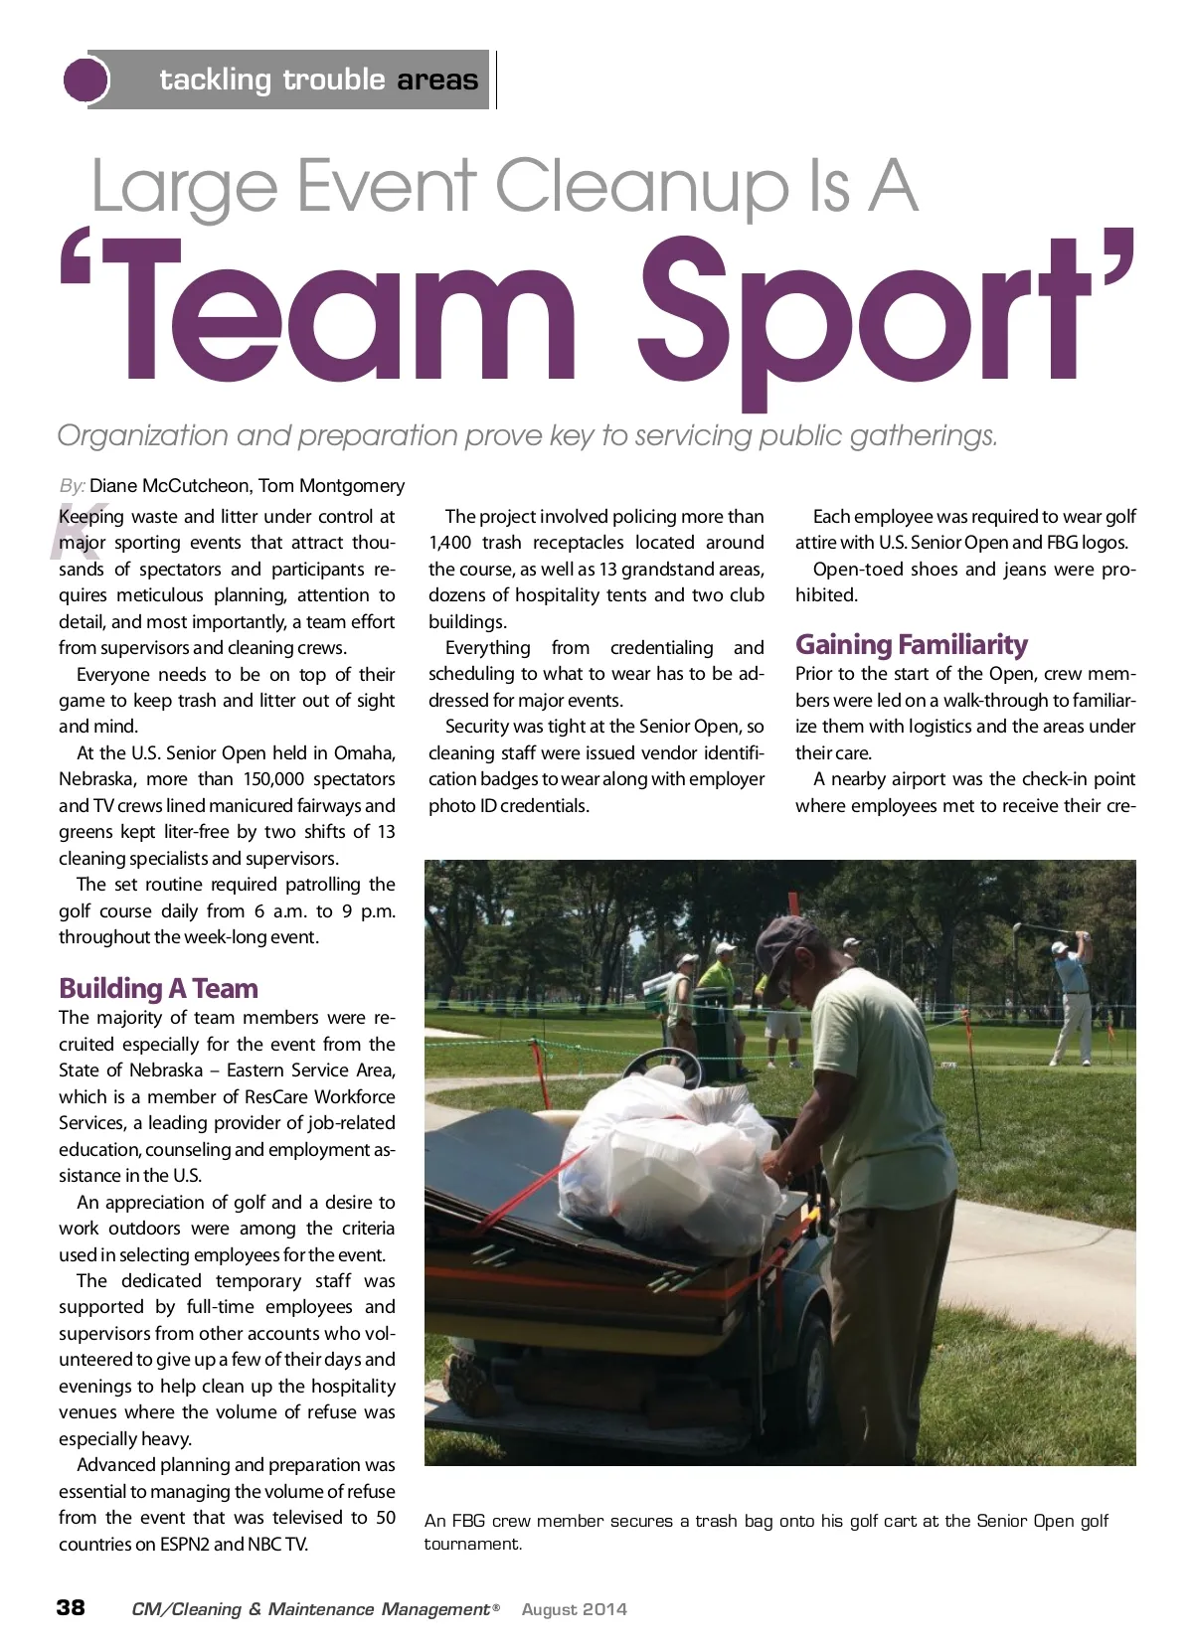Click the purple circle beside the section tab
pyautogui.click(x=85, y=80)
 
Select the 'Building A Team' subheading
pyautogui.click(x=158, y=988)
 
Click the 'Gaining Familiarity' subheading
pyautogui.click(x=911, y=645)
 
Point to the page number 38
pyautogui.click(x=71, y=1607)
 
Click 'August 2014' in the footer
pyautogui.click(x=574, y=1609)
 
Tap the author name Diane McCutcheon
pyautogui.click(x=169, y=486)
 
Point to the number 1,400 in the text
pyautogui.click(x=450, y=543)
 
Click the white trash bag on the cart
pyautogui.click(x=676, y=1153)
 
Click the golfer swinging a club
pyautogui.click(x=1074, y=994)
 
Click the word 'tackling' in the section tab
pyautogui.click(x=215, y=80)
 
